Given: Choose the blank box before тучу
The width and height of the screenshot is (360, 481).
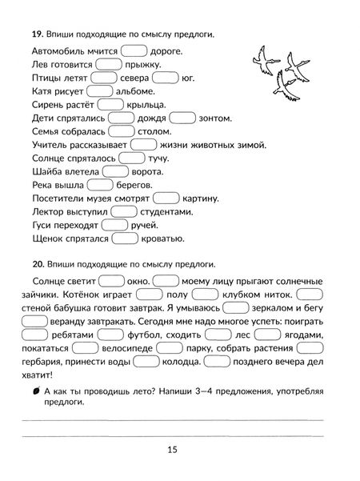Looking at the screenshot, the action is tap(128, 158).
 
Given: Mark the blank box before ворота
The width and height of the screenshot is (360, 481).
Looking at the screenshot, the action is tap(115, 171).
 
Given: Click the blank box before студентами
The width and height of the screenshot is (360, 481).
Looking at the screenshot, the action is tap(126, 211).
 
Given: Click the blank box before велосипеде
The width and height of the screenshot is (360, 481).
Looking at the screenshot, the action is tap(108, 349).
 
